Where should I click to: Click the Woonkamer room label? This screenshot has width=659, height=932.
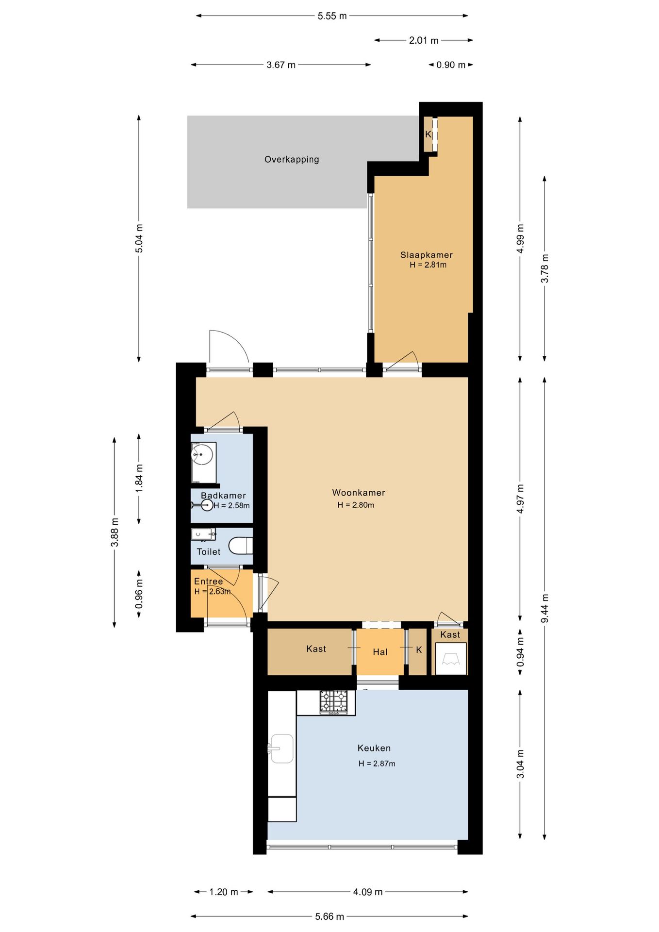pyautogui.click(x=359, y=493)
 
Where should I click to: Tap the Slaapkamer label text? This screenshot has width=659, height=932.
pyautogui.click(x=427, y=255)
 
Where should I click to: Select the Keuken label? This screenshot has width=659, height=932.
pyautogui.click(x=374, y=748)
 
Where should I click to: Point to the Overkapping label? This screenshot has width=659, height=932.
pyautogui.click(x=292, y=159)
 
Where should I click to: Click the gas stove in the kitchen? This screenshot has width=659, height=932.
pyautogui.click(x=334, y=702)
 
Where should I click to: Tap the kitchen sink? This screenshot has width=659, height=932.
pyautogui.click(x=280, y=749)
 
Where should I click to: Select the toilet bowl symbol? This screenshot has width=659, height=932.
pyautogui.click(x=241, y=546)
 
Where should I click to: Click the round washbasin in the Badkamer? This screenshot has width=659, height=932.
pyautogui.click(x=202, y=455)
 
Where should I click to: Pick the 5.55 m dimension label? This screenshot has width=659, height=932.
pyautogui.click(x=332, y=16)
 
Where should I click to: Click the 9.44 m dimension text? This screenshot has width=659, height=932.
pyautogui.click(x=544, y=609)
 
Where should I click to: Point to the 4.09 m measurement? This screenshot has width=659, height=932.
pyautogui.click(x=368, y=892)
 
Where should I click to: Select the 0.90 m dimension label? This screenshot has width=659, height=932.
pyautogui.click(x=451, y=65)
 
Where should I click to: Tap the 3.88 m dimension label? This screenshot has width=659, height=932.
pyautogui.click(x=115, y=533)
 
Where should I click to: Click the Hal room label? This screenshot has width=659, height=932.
pyautogui.click(x=380, y=652)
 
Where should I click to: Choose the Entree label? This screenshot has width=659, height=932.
pyautogui.click(x=209, y=581)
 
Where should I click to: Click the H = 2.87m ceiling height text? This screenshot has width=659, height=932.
pyautogui.click(x=377, y=764)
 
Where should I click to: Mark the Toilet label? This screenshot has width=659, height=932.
pyautogui.click(x=209, y=552)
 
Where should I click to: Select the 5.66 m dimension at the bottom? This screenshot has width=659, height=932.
pyautogui.click(x=329, y=916)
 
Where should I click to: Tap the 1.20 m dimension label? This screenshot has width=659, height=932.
pyautogui.click(x=224, y=892)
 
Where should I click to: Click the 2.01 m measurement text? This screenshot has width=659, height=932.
pyautogui.click(x=424, y=40)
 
